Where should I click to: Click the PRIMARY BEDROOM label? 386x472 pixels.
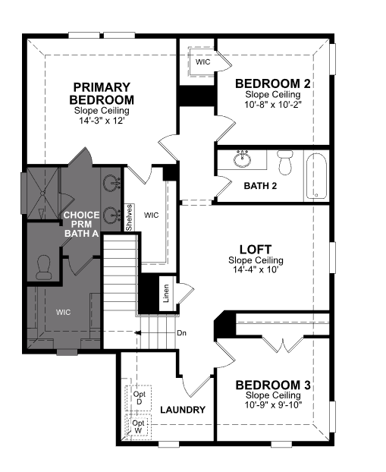[102, 93]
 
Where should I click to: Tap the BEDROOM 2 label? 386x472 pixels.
[272, 83]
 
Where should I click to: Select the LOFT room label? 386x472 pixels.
[256, 249]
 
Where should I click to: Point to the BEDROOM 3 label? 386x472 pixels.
[273, 385]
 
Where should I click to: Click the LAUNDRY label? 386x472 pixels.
[183, 410]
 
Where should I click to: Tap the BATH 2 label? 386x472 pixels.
[260, 186]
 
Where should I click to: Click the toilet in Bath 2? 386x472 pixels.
[285, 162]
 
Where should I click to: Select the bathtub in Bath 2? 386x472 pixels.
[316, 176]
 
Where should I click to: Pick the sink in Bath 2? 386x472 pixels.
[242, 159]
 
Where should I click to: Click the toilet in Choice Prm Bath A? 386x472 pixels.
[44, 267]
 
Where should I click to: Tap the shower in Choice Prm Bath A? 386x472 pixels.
[42, 194]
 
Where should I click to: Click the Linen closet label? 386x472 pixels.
[166, 294]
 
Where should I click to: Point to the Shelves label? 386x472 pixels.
[129, 218]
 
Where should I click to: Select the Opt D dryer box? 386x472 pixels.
[139, 398]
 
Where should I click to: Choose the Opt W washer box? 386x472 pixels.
[138, 426]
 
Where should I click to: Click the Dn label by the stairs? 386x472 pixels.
[181, 333]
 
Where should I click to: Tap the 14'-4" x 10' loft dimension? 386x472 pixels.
[256, 269]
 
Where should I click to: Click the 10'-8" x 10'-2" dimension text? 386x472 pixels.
[272, 105]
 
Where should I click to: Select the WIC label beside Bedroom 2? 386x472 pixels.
[202, 62]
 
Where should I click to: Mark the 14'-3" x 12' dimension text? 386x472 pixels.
[102, 121]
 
